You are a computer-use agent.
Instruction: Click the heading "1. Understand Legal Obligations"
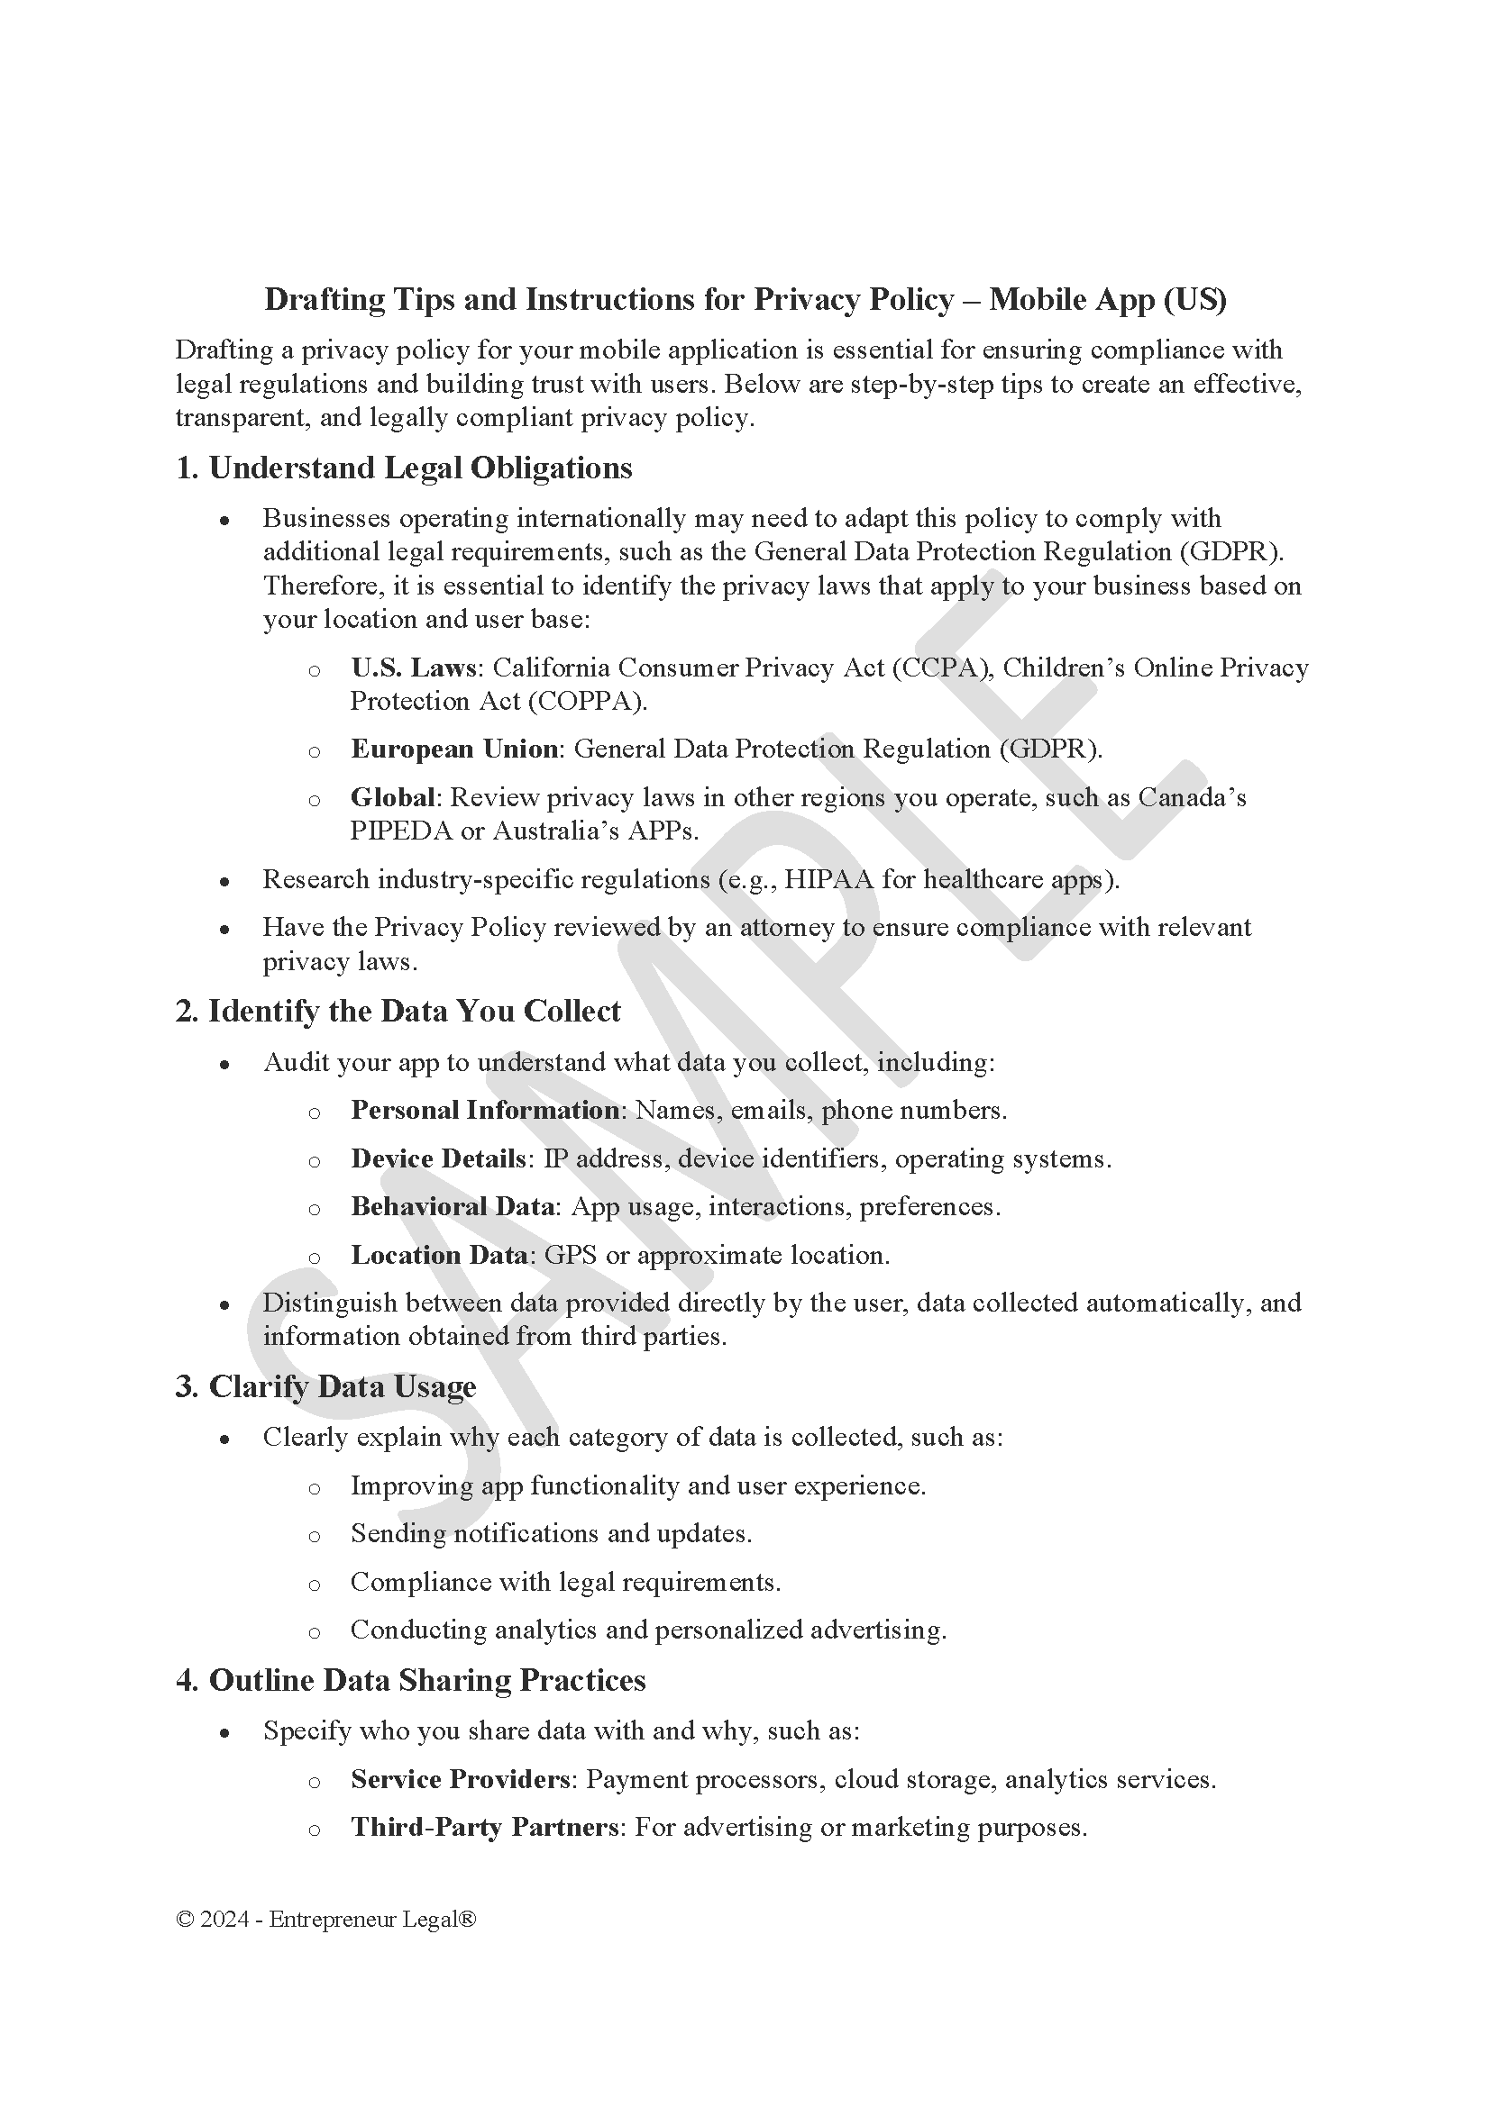point(403,468)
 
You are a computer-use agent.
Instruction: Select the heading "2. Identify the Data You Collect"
point(398,1012)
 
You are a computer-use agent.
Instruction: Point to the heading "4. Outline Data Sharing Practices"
point(410,1680)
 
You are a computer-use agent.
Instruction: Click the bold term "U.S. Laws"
point(413,668)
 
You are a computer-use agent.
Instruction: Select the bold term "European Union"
point(454,749)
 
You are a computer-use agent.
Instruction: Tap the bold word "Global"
point(392,797)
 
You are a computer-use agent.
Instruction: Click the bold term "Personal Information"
point(485,1111)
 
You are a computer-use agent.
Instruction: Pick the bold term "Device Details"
point(438,1159)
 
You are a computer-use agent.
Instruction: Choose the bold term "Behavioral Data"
point(453,1207)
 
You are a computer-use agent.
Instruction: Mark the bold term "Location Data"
point(439,1256)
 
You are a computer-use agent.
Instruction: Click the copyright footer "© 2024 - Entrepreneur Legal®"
point(326,1920)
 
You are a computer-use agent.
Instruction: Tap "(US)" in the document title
point(1194,299)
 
